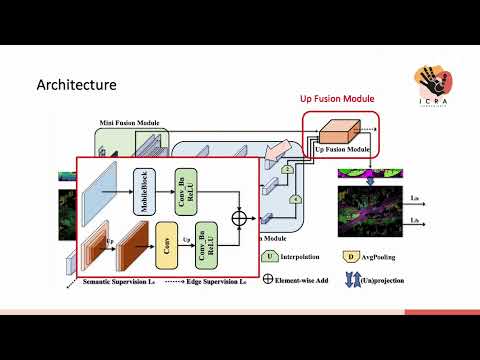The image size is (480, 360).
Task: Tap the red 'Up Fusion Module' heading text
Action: click(338, 99)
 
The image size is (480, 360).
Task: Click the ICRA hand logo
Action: click(439, 86)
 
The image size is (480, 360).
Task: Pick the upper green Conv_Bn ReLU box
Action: click(182, 191)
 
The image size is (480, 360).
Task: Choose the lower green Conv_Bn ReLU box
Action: click(207, 245)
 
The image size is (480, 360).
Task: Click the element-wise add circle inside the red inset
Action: click(239, 217)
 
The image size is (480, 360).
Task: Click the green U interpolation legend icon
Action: click(270, 256)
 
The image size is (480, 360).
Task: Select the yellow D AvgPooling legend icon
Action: click(350, 258)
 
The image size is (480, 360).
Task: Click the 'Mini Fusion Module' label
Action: click(129, 123)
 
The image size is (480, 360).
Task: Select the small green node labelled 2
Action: click(287, 170)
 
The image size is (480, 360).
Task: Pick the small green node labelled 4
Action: click(296, 200)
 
